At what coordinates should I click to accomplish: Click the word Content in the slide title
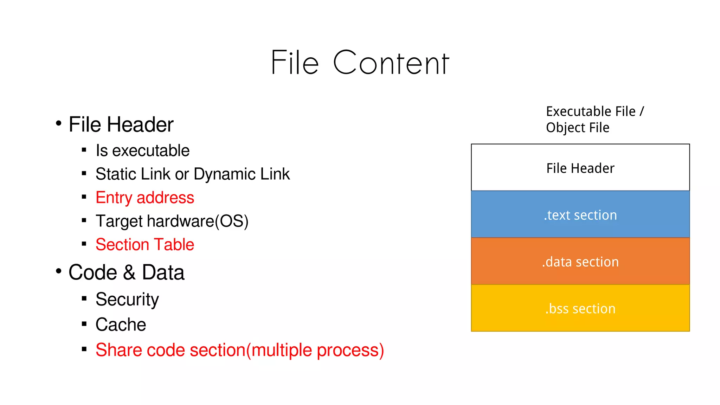pyautogui.click(x=391, y=63)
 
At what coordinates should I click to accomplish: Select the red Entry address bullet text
pyautogui.click(x=144, y=198)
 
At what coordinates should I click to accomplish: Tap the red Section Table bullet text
pyautogui.click(x=144, y=244)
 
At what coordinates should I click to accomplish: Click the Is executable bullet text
pyautogui.click(x=142, y=151)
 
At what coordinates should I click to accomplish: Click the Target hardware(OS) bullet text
pyautogui.click(x=172, y=221)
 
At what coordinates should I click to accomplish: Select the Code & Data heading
pyautogui.click(x=126, y=272)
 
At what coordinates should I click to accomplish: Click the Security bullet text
pyautogui.click(x=127, y=299)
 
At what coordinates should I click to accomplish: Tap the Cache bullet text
pyautogui.click(x=121, y=324)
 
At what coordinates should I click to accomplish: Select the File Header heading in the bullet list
pyautogui.click(x=121, y=124)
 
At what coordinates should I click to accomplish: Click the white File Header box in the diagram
pyautogui.click(x=580, y=168)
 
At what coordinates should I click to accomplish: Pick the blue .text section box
pyautogui.click(x=580, y=214)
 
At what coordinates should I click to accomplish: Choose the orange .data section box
pyautogui.click(x=580, y=262)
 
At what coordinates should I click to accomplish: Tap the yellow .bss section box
pyautogui.click(x=580, y=308)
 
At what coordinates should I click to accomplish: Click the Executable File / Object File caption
pyautogui.click(x=594, y=120)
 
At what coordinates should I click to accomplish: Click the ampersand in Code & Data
pyautogui.click(x=129, y=273)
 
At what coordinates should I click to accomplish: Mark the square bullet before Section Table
pyautogui.click(x=84, y=244)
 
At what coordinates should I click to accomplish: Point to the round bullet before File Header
pyautogui.click(x=59, y=123)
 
